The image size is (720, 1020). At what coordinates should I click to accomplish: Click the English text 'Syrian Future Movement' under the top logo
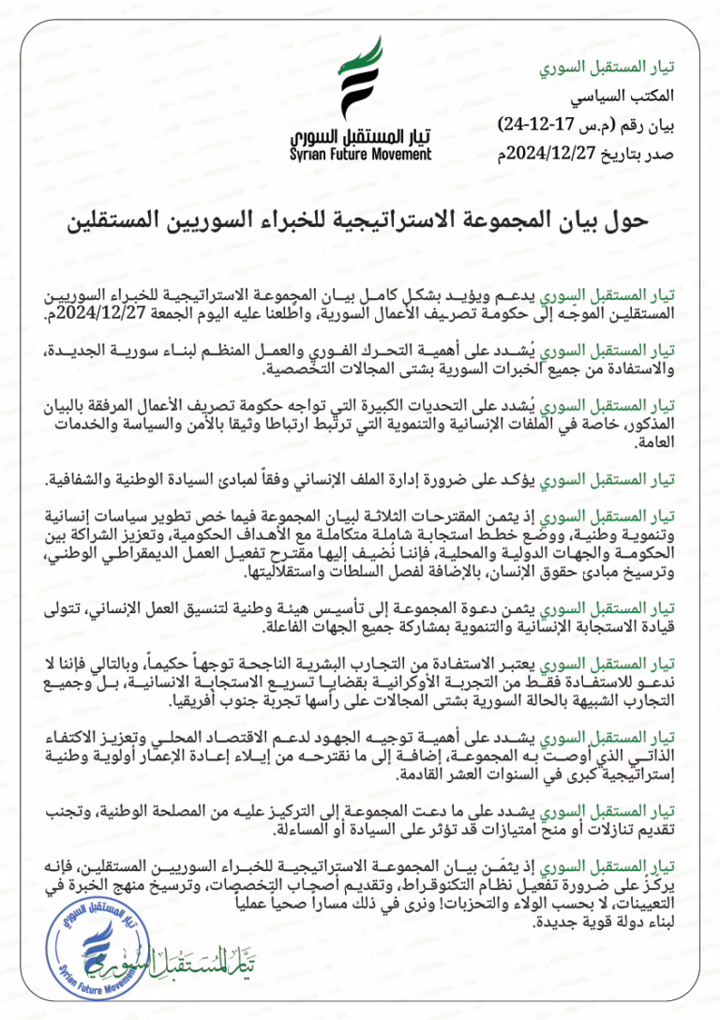[x=360, y=155]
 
